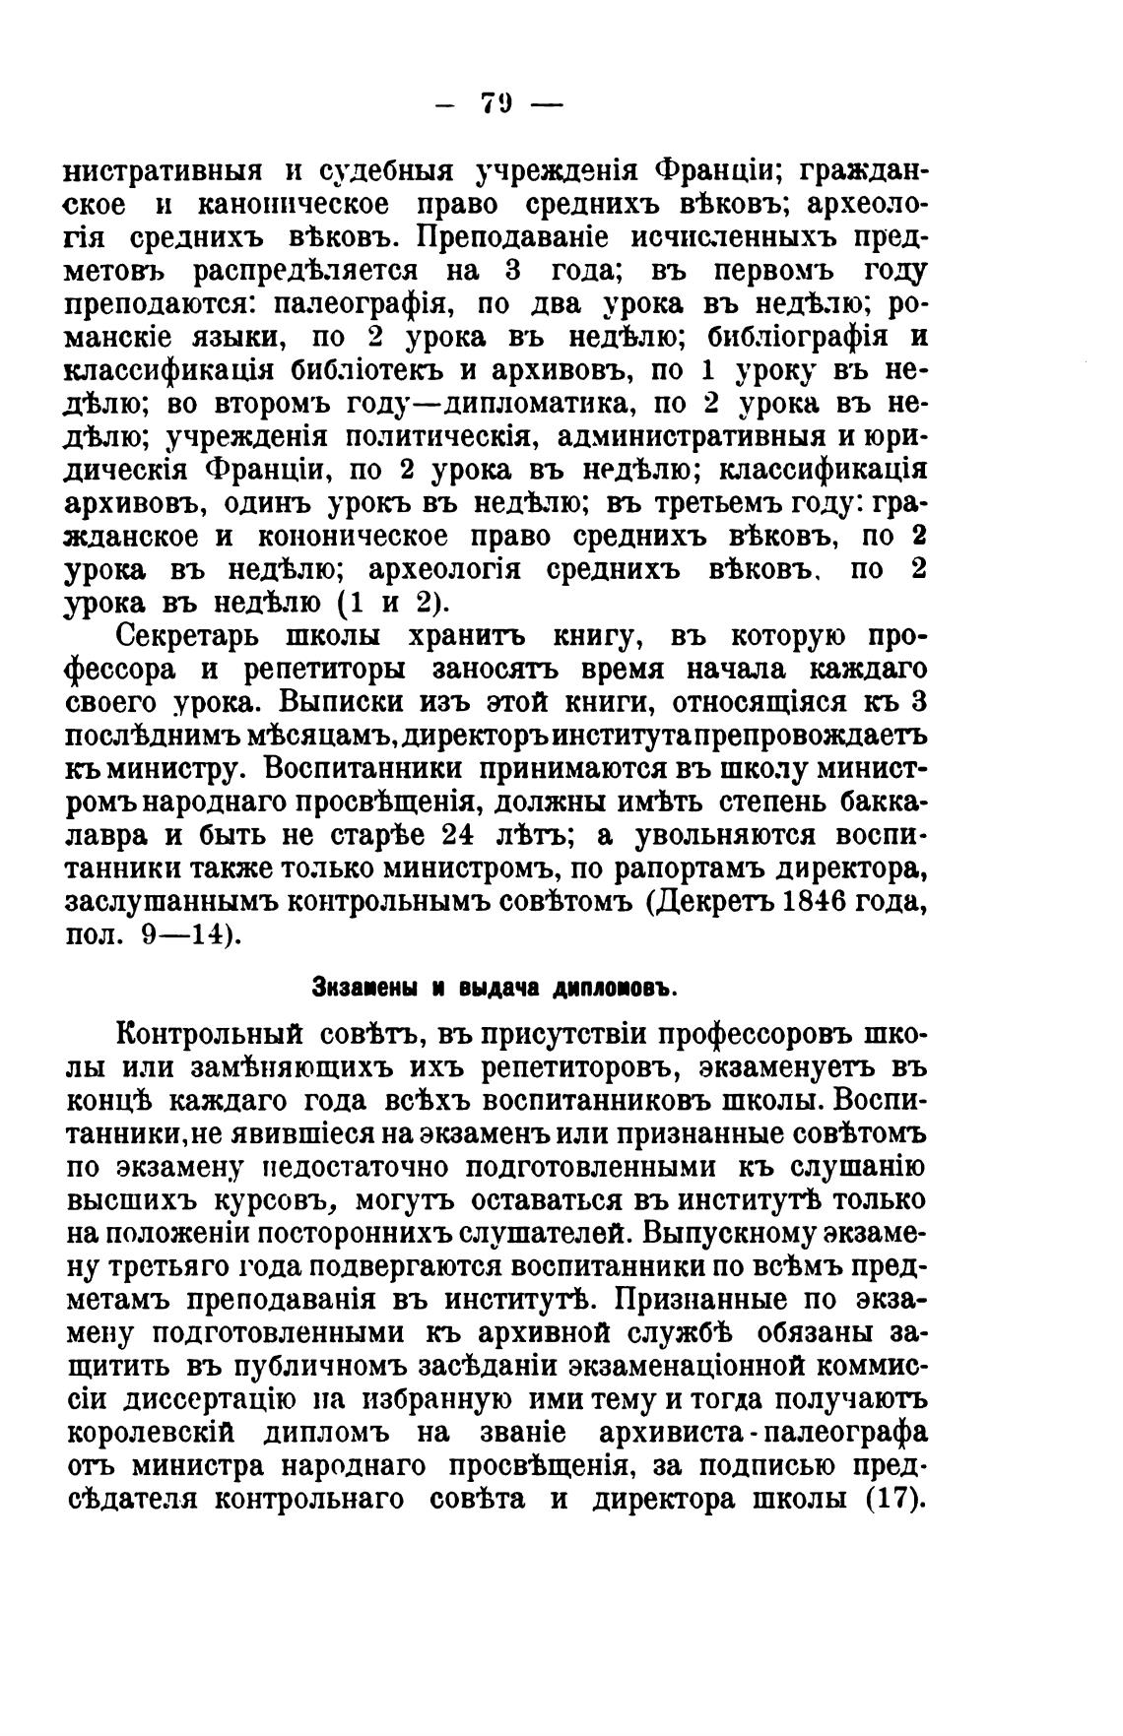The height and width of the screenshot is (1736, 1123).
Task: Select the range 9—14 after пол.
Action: pyautogui.click(x=190, y=935)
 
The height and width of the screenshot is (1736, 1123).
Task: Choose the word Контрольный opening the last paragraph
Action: pyautogui.click(x=207, y=1036)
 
